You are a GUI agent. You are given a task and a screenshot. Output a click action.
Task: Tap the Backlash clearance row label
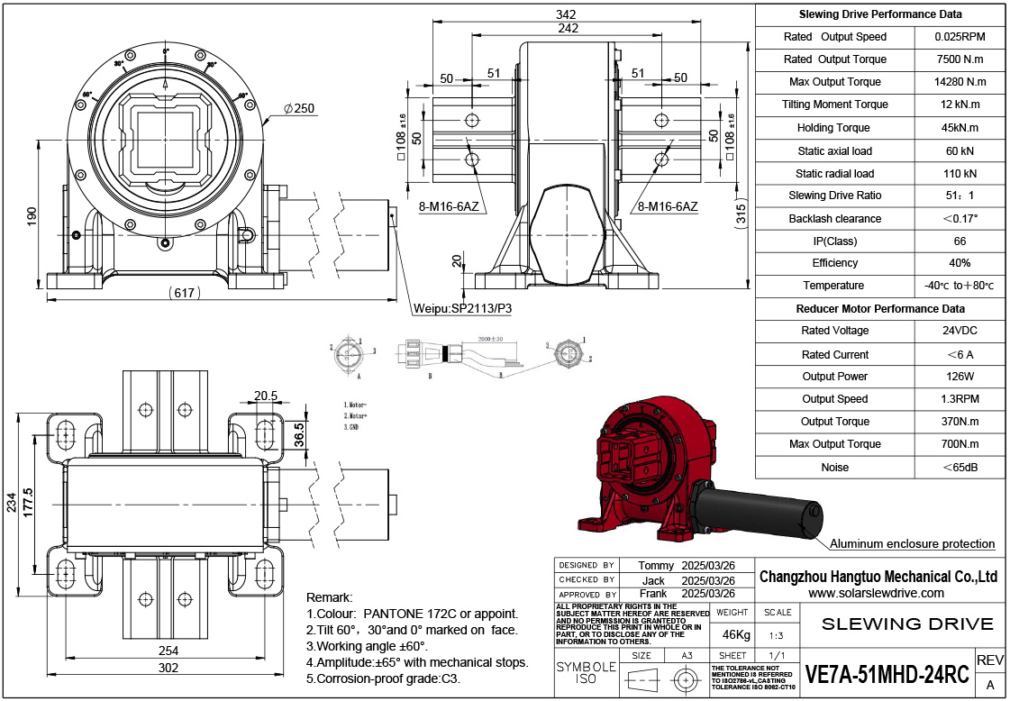[x=834, y=218]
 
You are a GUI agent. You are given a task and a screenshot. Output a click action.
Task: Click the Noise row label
[x=834, y=468]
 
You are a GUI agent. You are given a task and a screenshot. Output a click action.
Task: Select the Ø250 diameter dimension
[x=298, y=109]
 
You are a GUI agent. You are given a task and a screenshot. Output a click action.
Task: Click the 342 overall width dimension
[x=566, y=14]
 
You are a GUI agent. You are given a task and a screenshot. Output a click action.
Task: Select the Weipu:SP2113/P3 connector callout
[x=462, y=308]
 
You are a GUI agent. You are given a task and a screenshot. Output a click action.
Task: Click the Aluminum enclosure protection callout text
[x=912, y=543]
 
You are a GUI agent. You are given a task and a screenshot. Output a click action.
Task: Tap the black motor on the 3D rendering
[x=757, y=511]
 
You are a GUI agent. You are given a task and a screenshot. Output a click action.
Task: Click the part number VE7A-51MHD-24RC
[x=887, y=675]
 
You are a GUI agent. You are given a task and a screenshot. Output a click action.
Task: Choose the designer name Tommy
[x=656, y=565]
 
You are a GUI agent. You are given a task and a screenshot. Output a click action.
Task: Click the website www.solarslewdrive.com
[x=876, y=593]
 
